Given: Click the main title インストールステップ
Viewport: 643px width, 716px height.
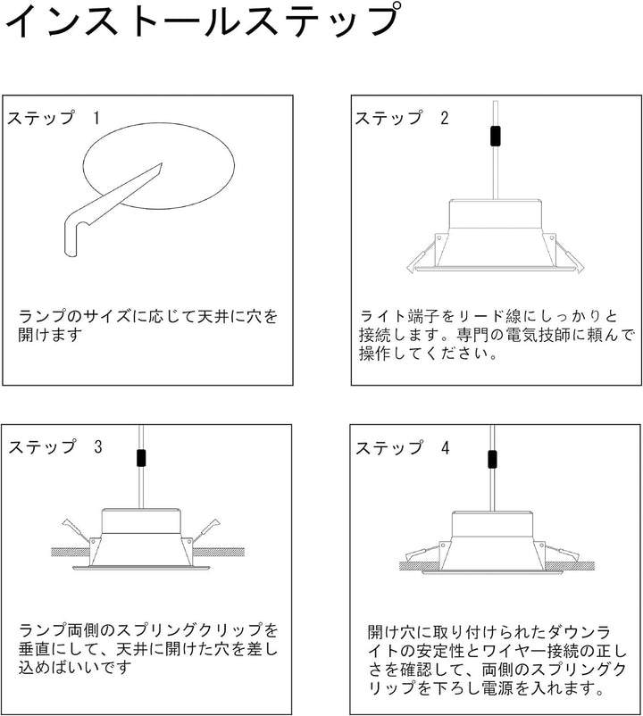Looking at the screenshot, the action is click(x=204, y=21).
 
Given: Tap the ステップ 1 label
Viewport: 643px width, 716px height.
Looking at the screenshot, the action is click(x=53, y=118).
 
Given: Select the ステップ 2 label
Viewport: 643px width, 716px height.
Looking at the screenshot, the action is click(x=403, y=118).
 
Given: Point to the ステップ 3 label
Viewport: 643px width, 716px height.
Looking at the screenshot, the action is click(x=55, y=447).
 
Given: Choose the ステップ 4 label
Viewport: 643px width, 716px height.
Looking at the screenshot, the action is click(x=403, y=447).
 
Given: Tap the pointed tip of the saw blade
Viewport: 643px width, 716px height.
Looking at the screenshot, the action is click(x=162, y=164).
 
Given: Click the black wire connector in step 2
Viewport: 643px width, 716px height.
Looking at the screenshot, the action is click(x=495, y=136).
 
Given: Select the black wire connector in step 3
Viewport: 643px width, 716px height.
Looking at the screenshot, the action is click(x=141, y=458).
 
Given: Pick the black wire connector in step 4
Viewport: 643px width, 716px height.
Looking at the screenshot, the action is click(x=492, y=460).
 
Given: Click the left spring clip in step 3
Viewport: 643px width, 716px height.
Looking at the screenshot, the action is click(x=76, y=529).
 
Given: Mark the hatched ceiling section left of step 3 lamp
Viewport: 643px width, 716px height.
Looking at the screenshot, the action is click(x=71, y=551).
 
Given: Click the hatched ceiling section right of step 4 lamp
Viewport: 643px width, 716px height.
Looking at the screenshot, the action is click(x=570, y=566).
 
